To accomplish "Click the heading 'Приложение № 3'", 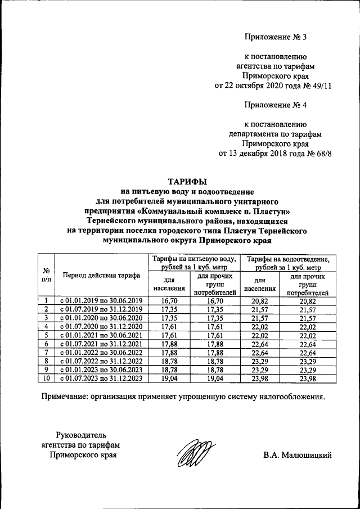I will pyautogui.click(x=276, y=37).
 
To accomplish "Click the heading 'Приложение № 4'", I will pyautogui.click(x=276, y=105).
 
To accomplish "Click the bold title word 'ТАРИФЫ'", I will pyautogui.click(x=188, y=181).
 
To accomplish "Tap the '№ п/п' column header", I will pyautogui.click(x=47, y=274).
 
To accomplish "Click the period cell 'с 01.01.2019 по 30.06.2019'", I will pyautogui.click(x=102, y=301).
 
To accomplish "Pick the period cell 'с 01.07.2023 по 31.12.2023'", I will pyautogui.click(x=102, y=379).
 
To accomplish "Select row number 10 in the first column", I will pyautogui.click(x=47, y=379).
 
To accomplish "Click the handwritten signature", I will pyautogui.click(x=195, y=454).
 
